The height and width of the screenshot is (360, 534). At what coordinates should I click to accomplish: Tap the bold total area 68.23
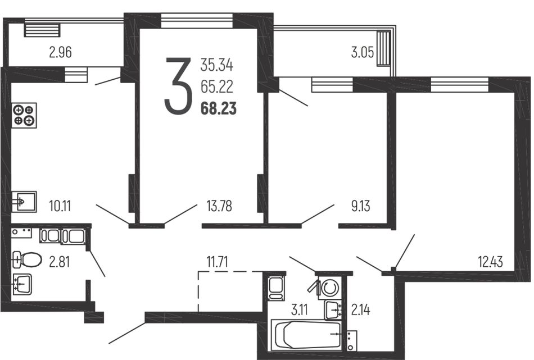tap(218, 109)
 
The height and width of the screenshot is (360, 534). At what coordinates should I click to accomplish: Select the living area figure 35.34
tap(216, 65)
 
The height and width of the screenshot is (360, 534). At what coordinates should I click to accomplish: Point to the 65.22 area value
tap(216, 86)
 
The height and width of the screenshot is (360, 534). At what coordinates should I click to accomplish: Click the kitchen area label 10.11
tap(60, 206)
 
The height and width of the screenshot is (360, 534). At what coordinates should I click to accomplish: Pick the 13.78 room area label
tap(219, 206)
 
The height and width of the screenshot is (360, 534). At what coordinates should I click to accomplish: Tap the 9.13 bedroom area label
tap(360, 206)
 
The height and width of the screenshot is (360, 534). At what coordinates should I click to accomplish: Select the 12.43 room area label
tap(490, 262)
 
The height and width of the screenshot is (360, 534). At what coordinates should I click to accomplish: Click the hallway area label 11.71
tap(217, 262)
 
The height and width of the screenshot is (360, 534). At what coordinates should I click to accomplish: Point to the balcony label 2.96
tap(60, 53)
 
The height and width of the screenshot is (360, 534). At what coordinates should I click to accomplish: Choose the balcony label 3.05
tap(363, 53)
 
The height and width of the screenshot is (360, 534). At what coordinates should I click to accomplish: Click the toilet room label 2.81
tap(59, 262)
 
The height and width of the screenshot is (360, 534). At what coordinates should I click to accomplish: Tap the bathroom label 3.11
tap(300, 310)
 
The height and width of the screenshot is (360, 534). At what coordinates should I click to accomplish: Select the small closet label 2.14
tap(360, 310)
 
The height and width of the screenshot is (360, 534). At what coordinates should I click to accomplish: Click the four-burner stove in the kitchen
tap(24, 115)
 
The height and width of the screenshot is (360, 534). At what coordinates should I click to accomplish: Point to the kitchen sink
tap(24, 202)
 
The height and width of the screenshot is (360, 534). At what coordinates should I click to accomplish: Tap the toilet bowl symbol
tap(26, 260)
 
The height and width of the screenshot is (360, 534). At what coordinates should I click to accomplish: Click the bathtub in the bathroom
tap(307, 335)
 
